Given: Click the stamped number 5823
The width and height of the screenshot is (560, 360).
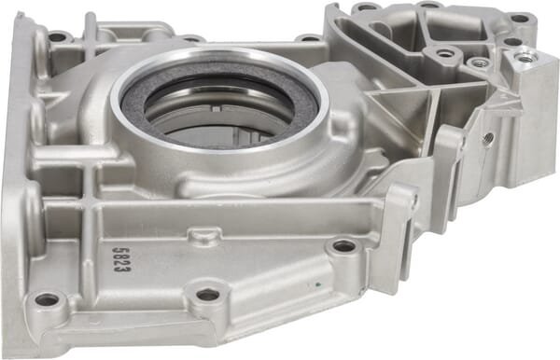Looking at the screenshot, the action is click(121, 259).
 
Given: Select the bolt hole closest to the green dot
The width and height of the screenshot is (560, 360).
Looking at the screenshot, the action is click(343, 245).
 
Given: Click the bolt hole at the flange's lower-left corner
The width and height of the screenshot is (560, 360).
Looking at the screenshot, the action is click(47, 299).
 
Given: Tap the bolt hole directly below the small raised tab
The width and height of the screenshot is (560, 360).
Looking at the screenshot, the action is click(208, 295).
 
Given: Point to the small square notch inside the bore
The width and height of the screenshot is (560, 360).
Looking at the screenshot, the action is click(217, 109).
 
